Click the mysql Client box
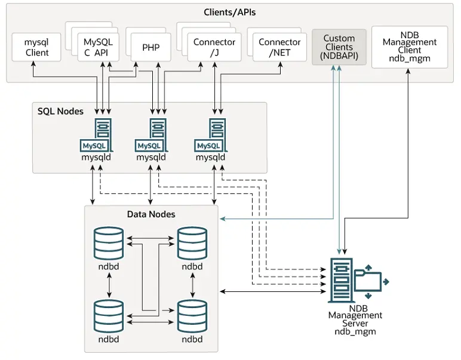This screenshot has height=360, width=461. tap(37, 47)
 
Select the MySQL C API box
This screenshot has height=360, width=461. tap(98, 47)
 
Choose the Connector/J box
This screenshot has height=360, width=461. tap(214, 47)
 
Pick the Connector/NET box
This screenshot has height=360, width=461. tap(279, 47)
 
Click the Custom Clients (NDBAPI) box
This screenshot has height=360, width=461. tap(339, 47)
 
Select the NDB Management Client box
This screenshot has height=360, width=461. tap(409, 47)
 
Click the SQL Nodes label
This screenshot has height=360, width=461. tap(60, 111)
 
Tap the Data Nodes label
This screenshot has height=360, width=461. tap(151, 214)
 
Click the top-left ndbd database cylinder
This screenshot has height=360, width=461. tap(109, 243)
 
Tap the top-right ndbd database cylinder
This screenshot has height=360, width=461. tap(192, 243)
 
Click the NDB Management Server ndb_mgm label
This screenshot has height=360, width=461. tap(355, 319)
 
